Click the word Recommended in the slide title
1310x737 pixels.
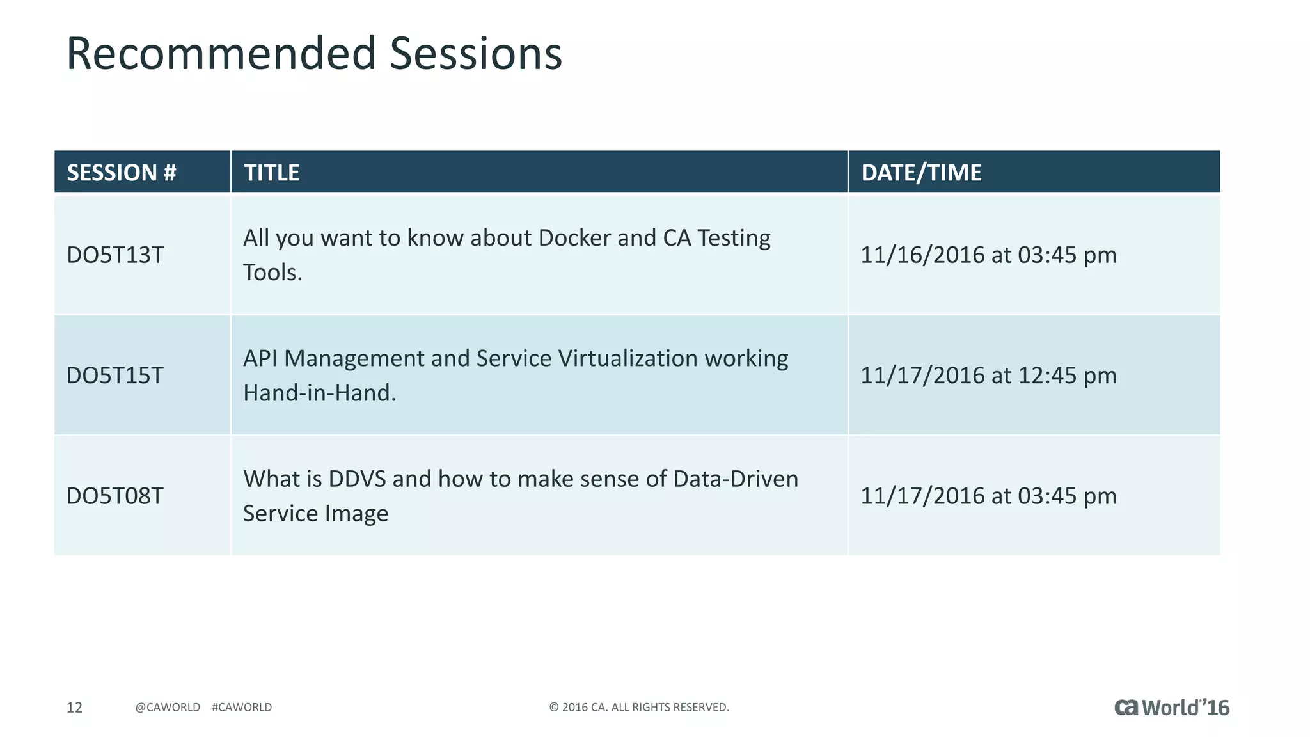(x=221, y=54)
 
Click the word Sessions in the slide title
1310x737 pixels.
(x=476, y=54)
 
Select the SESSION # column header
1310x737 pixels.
(x=122, y=173)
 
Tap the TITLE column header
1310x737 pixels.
(x=272, y=173)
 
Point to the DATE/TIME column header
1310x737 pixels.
(x=921, y=173)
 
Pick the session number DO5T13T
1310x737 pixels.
(x=115, y=255)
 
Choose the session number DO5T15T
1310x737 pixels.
(x=115, y=376)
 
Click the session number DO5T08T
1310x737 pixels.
(x=115, y=496)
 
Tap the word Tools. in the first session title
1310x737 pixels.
(x=272, y=273)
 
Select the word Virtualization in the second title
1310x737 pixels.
(x=627, y=358)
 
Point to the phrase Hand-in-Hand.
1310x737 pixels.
(x=320, y=393)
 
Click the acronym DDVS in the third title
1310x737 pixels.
(x=357, y=479)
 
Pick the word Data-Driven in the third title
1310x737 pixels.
(x=736, y=479)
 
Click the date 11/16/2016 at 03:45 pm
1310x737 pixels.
(x=988, y=255)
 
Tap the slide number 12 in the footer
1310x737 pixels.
(x=75, y=707)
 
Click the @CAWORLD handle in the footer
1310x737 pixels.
(x=168, y=707)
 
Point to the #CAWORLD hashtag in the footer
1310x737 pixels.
(x=242, y=707)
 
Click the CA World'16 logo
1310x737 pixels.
(x=1172, y=708)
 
